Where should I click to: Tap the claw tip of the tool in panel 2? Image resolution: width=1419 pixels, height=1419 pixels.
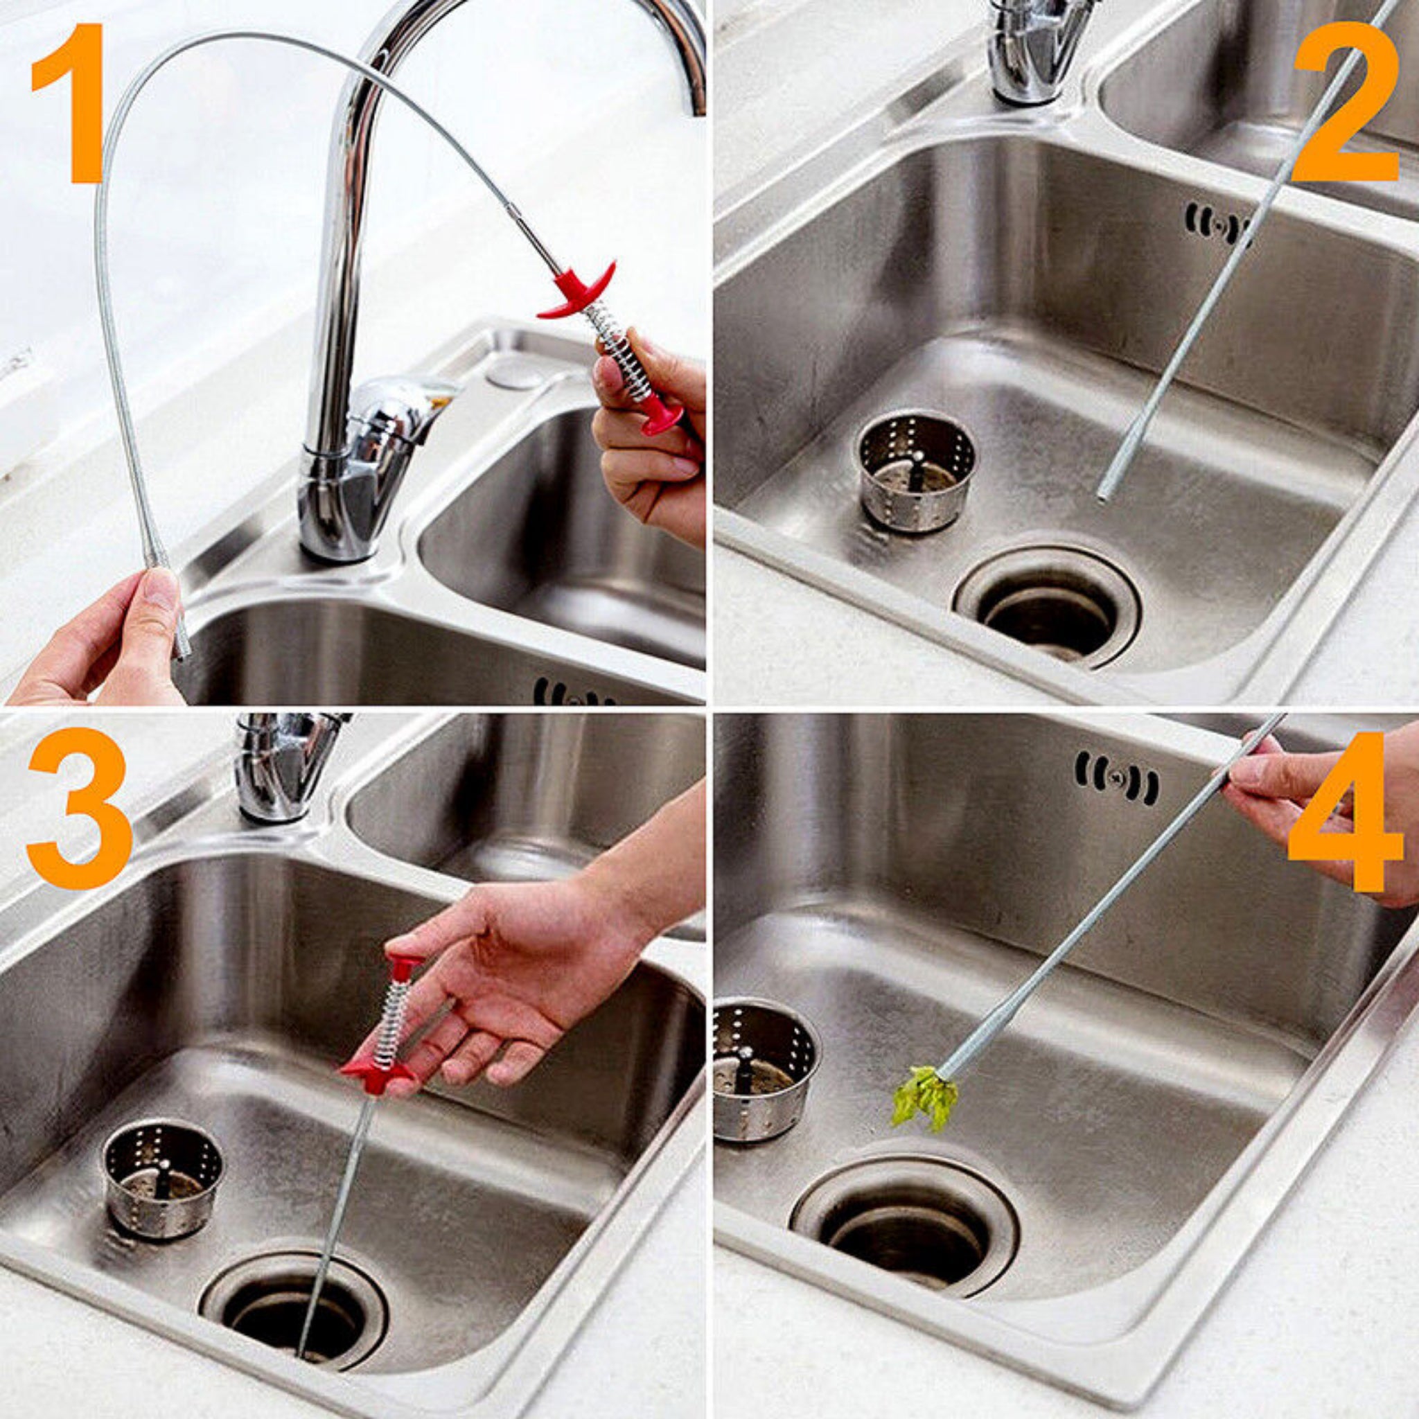(x=1102, y=497)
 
